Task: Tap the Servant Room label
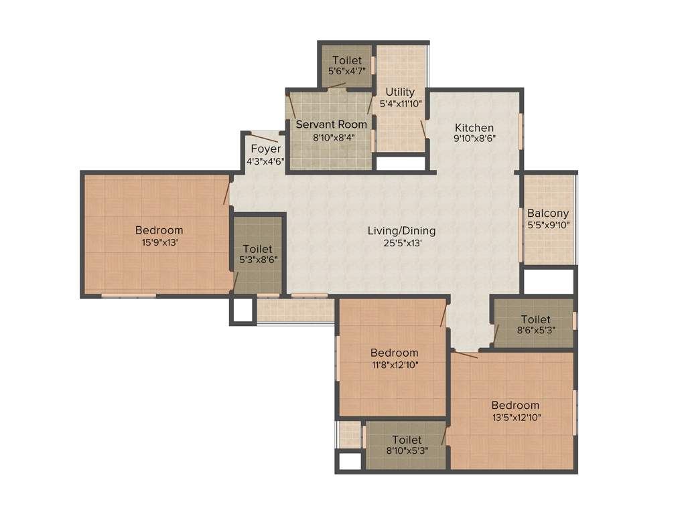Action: pos(332,124)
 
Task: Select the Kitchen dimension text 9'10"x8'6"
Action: pos(474,139)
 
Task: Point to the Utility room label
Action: pos(400,92)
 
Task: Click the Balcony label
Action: pos(548,213)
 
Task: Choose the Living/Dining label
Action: pos(401,231)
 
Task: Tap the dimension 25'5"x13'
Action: pos(401,244)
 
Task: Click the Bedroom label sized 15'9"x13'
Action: pos(159,230)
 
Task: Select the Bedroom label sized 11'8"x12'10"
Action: pos(394,353)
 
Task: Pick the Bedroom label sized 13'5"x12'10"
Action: pos(515,405)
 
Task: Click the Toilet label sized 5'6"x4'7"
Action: pos(346,60)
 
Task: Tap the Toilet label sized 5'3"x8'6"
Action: pos(257,249)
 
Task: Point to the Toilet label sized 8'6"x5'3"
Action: pos(535,320)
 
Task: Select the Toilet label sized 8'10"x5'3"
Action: pos(407,440)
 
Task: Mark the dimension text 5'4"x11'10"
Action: pos(400,104)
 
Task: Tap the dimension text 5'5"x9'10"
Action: pos(548,226)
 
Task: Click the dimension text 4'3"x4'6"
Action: pos(266,161)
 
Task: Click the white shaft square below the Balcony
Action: pos(548,281)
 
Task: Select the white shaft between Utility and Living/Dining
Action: pos(400,163)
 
